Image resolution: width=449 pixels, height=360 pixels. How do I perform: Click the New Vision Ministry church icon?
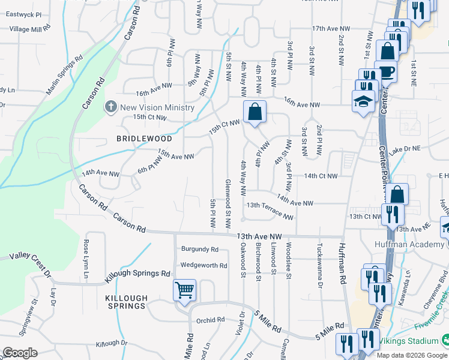click(x=111, y=107)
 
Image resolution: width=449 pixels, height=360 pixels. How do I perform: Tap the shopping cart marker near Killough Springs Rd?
click(x=184, y=290)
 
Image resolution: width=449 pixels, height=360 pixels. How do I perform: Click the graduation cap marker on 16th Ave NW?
click(x=363, y=101)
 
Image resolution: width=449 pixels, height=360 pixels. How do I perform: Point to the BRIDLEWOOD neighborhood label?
click(x=145, y=139)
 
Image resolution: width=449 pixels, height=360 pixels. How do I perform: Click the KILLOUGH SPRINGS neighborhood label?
click(x=126, y=302)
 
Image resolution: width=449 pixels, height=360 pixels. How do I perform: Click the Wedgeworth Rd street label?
click(x=203, y=265)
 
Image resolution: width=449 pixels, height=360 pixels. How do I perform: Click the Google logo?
click(x=20, y=353)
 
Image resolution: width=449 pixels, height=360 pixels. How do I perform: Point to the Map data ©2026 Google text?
click(x=412, y=355)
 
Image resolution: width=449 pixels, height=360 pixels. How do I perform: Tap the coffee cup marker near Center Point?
click(x=387, y=71)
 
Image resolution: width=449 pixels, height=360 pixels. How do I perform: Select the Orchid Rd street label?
click(x=210, y=320)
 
